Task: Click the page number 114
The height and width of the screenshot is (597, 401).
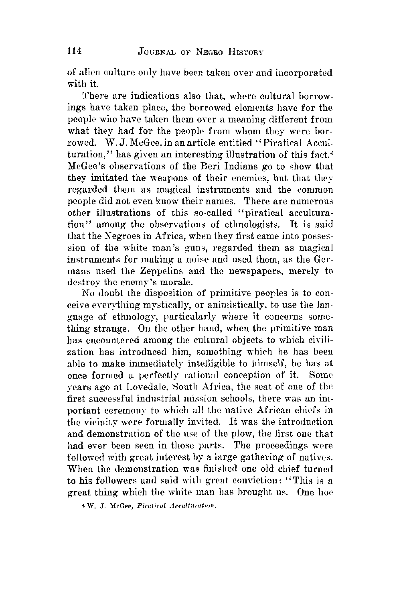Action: pos(74,51)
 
